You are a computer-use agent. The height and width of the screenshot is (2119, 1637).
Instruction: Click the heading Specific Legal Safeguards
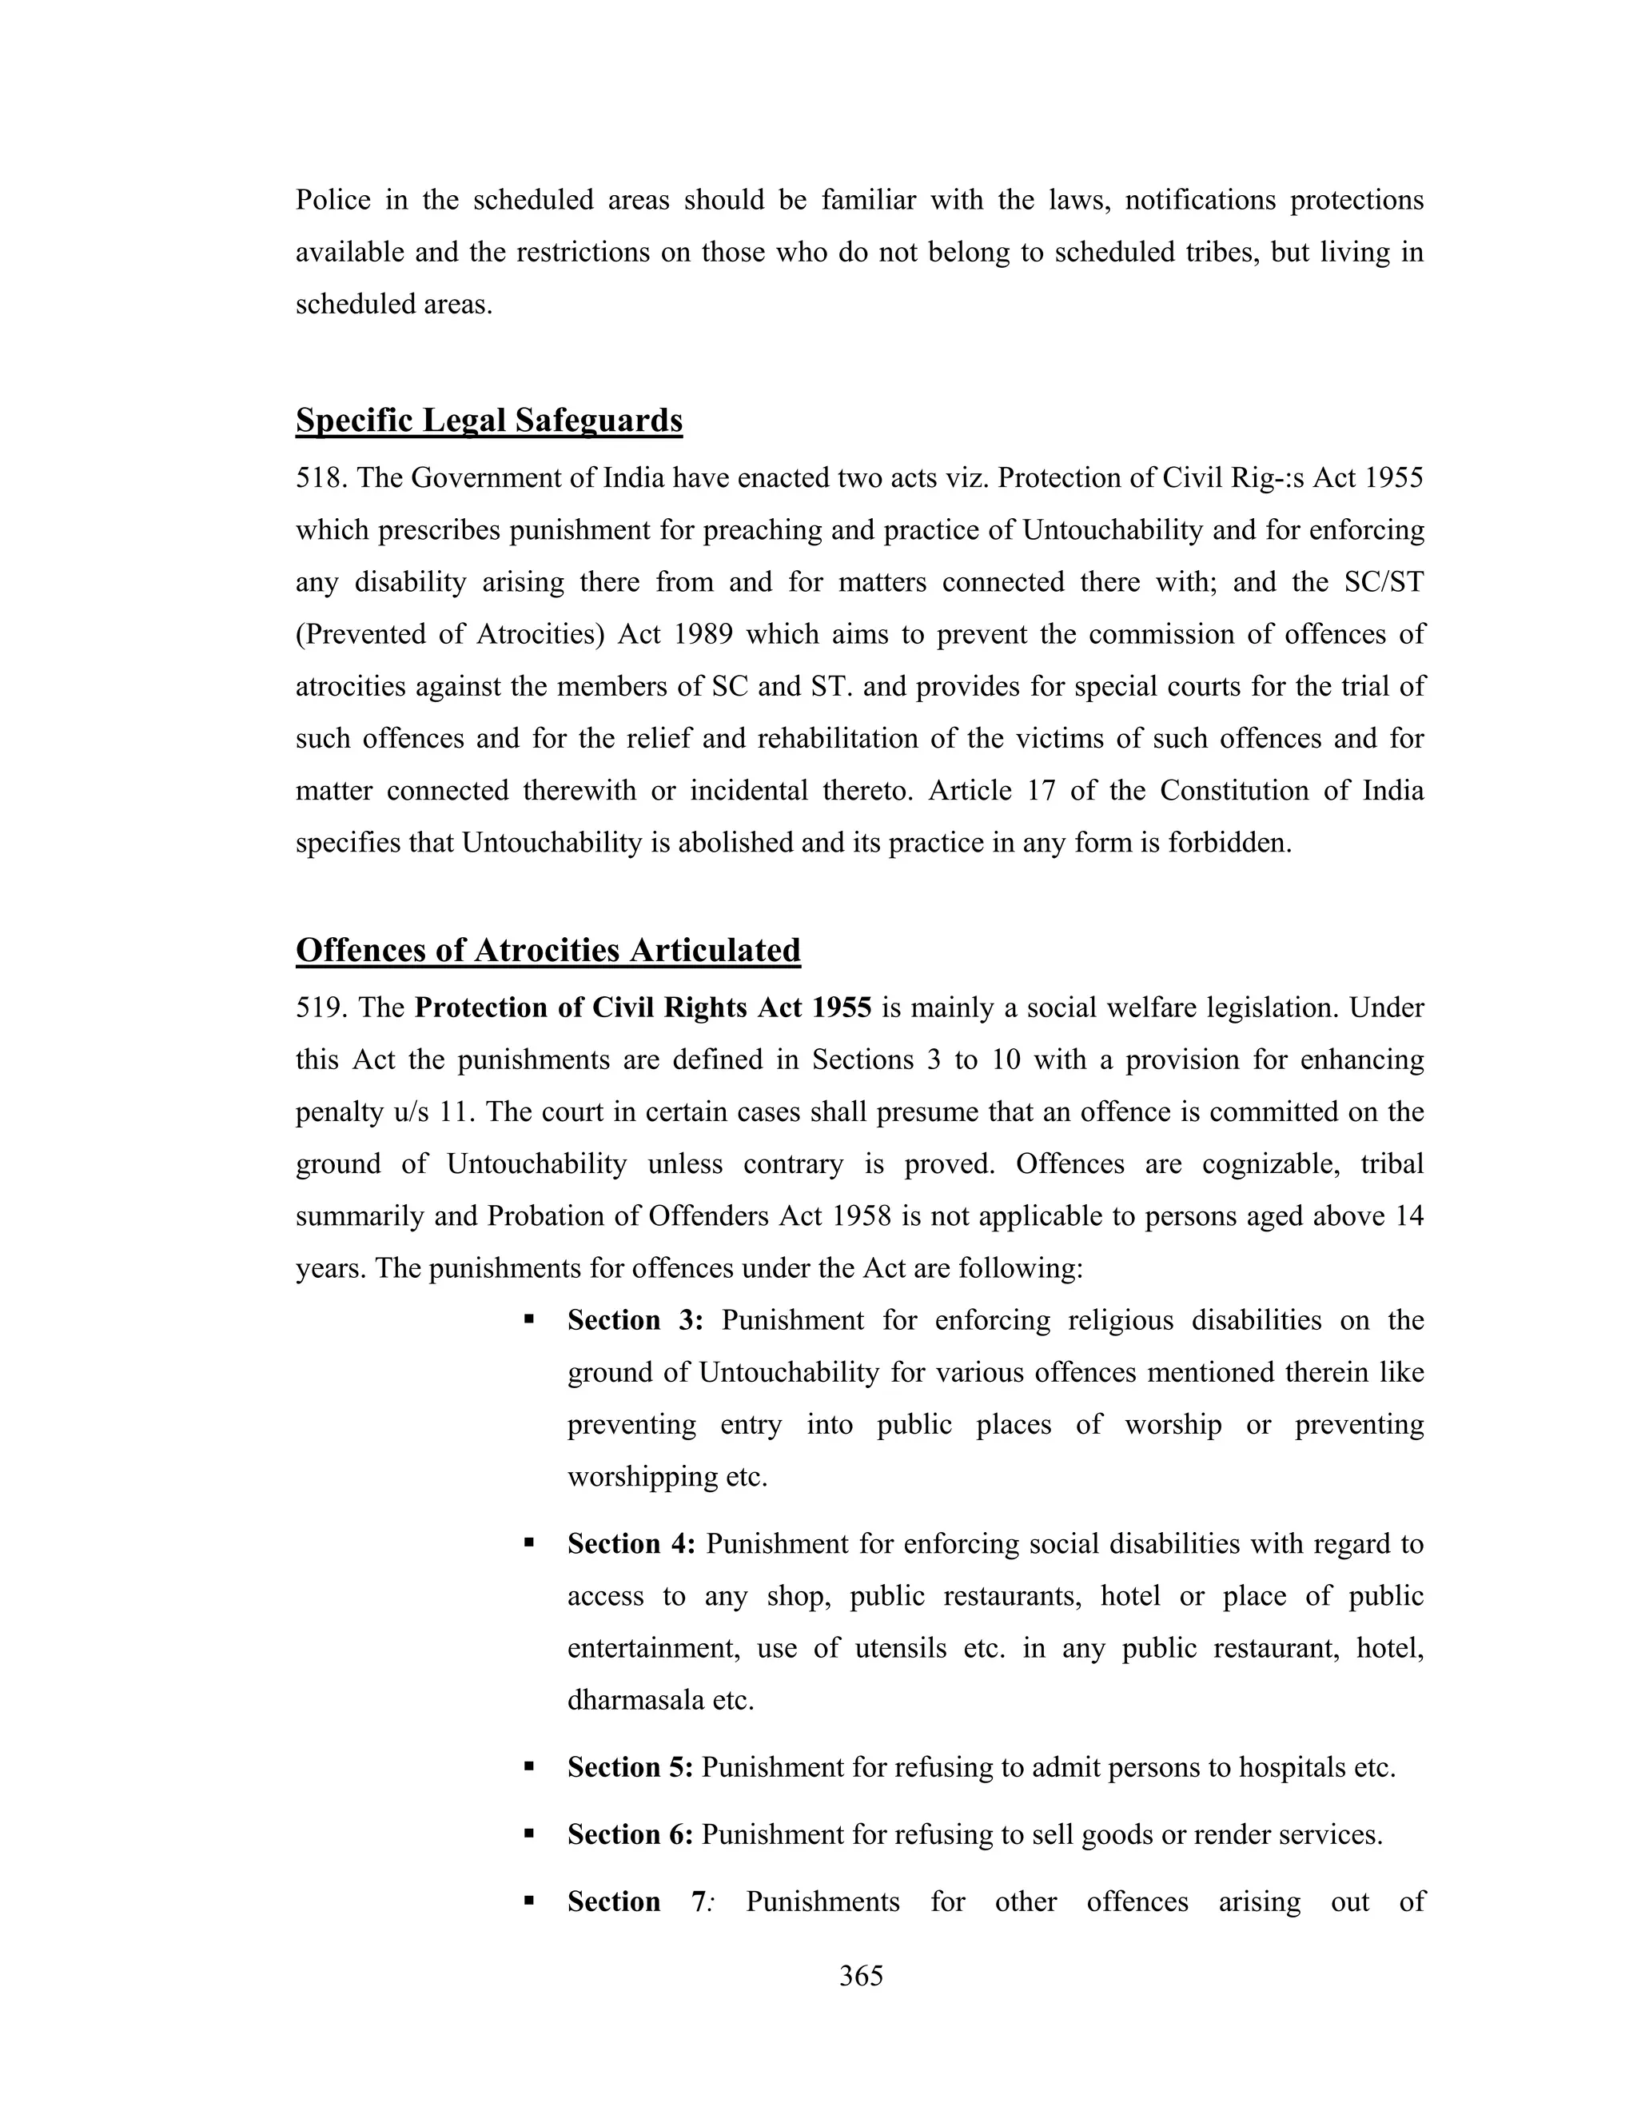(488, 420)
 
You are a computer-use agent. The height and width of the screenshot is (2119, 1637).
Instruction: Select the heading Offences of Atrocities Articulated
(548, 950)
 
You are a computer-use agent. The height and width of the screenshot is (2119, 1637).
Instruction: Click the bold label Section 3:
(634, 1320)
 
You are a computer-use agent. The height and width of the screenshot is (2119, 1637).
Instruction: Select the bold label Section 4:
(631, 1543)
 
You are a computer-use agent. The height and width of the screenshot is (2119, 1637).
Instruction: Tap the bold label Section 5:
(631, 1767)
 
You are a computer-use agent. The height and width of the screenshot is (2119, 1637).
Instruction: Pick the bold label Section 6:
(631, 1834)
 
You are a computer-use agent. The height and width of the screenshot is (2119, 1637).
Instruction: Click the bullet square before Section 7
(528, 1900)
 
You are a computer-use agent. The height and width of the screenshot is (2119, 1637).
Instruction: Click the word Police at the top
(333, 200)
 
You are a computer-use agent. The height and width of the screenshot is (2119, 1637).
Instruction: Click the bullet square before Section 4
(528, 1542)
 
